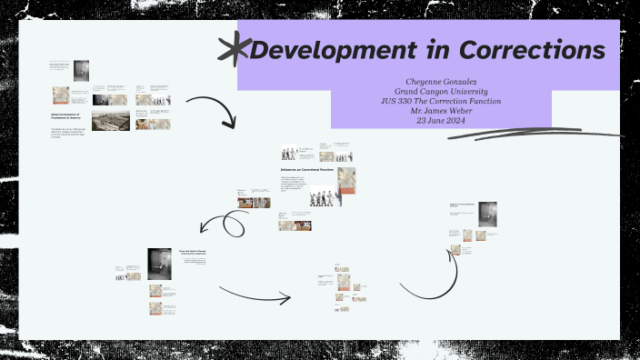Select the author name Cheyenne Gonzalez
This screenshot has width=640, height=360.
pyautogui.click(x=440, y=82)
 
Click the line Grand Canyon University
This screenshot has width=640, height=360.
pyautogui.click(x=440, y=92)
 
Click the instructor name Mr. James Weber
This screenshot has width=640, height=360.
pyautogui.click(x=440, y=111)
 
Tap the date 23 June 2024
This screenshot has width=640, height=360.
pyautogui.click(x=440, y=120)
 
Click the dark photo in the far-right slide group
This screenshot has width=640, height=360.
pyautogui.click(x=487, y=215)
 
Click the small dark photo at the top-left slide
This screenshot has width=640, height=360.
pyautogui.click(x=81, y=70)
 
